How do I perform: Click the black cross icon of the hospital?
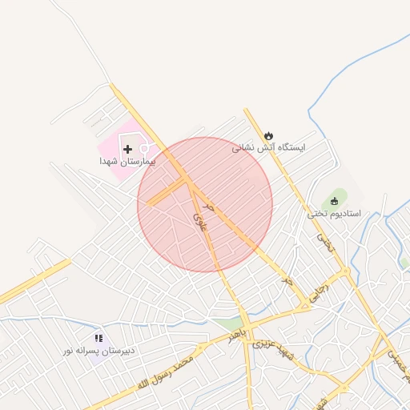click(x=127, y=149)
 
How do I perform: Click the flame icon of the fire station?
click(x=268, y=135)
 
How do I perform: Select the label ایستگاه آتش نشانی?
click(x=269, y=147)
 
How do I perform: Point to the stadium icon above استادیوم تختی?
click(x=335, y=201)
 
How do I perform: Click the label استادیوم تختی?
click(x=334, y=214)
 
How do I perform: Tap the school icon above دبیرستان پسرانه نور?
click(x=98, y=339)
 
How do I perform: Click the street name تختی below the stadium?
click(x=323, y=239)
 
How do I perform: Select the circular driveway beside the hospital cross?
click(x=144, y=148)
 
